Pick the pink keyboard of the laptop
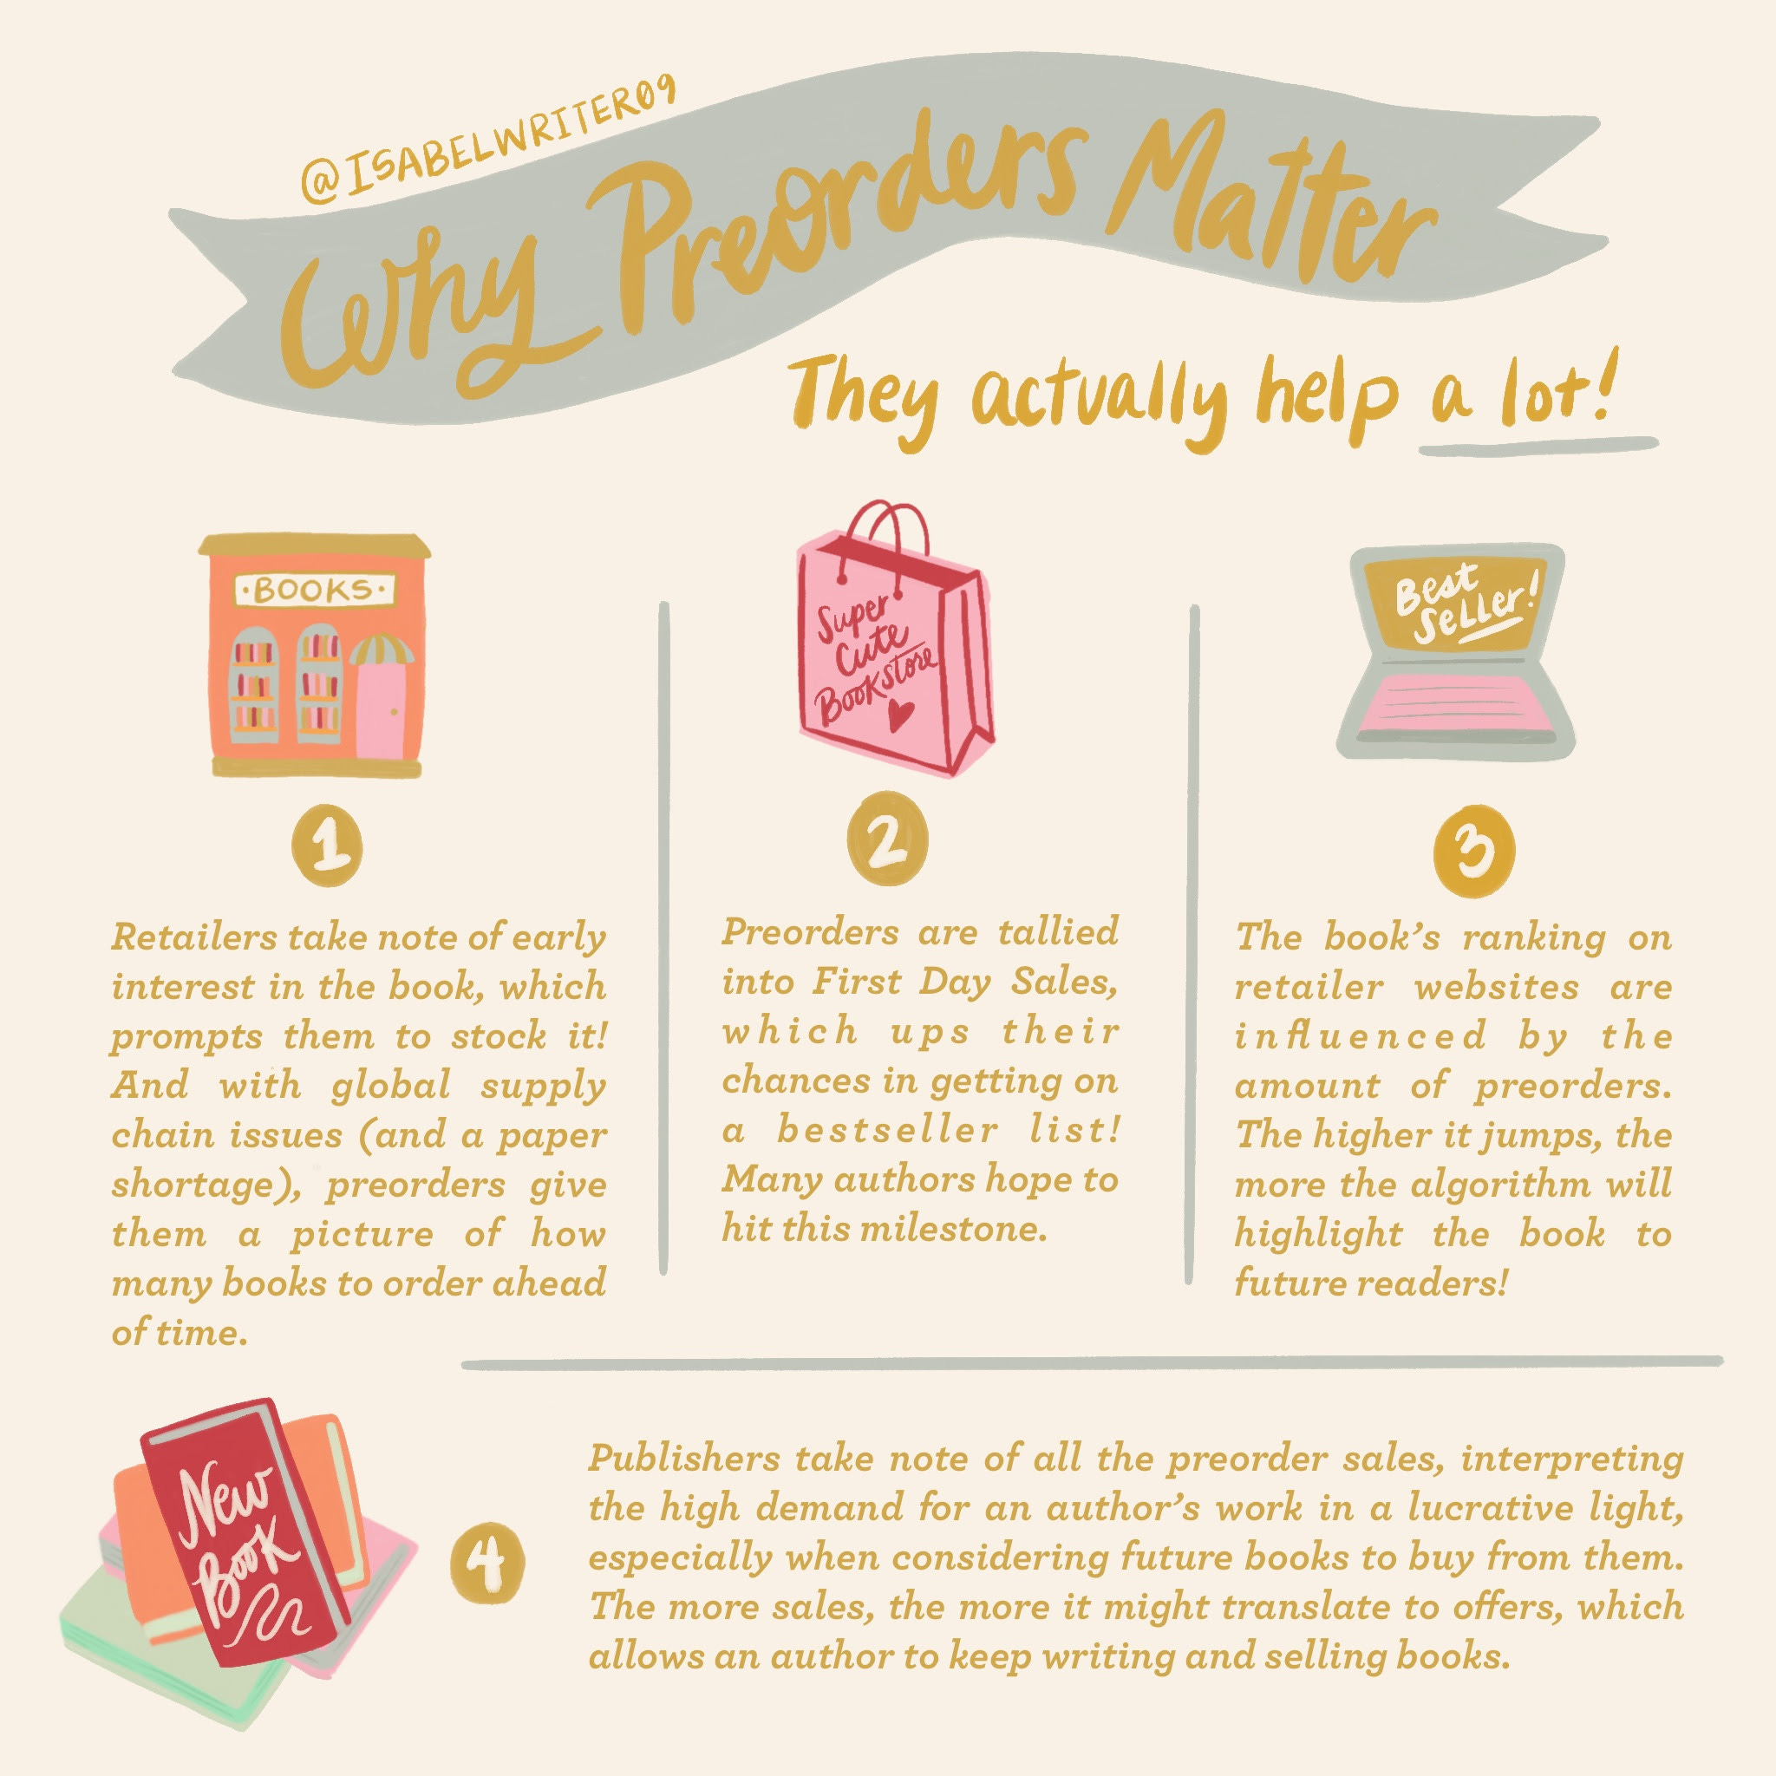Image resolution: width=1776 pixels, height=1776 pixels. (1453, 704)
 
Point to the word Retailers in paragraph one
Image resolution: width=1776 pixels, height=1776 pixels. (194, 938)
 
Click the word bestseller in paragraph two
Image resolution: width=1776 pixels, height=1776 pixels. (887, 1130)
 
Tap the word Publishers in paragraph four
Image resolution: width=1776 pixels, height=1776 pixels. (685, 1459)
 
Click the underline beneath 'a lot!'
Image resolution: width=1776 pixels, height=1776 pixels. (1538, 446)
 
